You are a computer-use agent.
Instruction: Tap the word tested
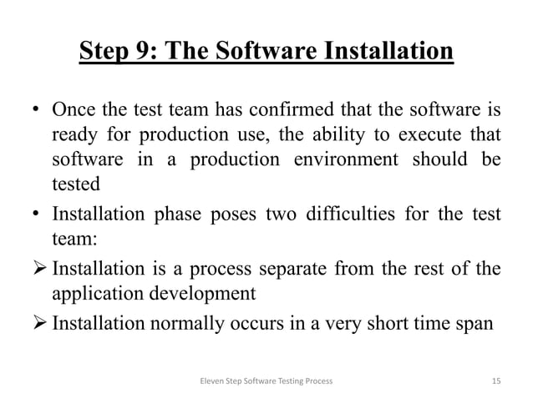pos(77,182)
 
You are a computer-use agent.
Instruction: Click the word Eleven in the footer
pos(204,380)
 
